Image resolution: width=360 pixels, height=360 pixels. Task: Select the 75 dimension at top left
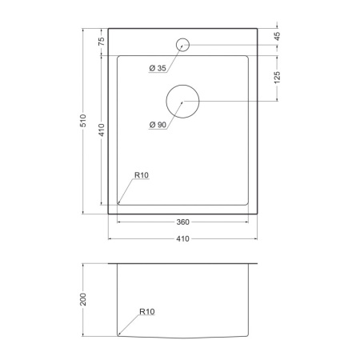(102, 42)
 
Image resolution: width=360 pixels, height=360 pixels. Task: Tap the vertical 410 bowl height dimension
(102, 130)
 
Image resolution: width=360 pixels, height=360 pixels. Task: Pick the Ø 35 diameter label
(158, 69)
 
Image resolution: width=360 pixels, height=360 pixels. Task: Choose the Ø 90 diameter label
(158, 125)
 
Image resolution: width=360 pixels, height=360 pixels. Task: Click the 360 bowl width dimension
(182, 222)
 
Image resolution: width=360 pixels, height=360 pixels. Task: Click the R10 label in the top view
(142, 176)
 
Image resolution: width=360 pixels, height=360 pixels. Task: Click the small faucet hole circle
(182, 44)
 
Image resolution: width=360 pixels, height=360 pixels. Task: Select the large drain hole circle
(182, 102)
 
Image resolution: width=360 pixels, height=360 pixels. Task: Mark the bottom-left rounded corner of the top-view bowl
(119, 204)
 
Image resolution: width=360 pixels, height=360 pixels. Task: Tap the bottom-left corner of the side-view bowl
(119, 333)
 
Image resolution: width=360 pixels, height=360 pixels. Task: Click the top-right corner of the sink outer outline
(257, 29)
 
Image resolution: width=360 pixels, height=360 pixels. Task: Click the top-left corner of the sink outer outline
(108, 29)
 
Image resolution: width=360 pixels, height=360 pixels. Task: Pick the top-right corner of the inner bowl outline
(246, 56)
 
